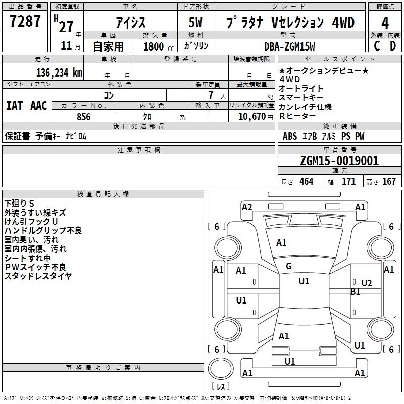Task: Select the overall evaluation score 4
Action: [385, 23]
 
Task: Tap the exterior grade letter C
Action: [376, 45]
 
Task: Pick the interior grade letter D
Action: [393, 45]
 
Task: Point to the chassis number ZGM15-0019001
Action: [339, 161]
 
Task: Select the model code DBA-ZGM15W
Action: [289, 46]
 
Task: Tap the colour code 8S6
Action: [84, 116]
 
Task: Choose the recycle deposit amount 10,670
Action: [250, 116]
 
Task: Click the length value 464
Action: [306, 181]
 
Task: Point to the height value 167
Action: [389, 181]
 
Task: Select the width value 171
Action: [348, 181]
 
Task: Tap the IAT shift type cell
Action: [14, 106]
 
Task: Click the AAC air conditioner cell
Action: [39, 106]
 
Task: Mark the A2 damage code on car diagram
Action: [247, 207]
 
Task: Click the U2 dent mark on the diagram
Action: [367, 283]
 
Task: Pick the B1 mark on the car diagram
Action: [356, 292]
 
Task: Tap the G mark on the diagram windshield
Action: [289, 266]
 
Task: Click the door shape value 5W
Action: [196, 23]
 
